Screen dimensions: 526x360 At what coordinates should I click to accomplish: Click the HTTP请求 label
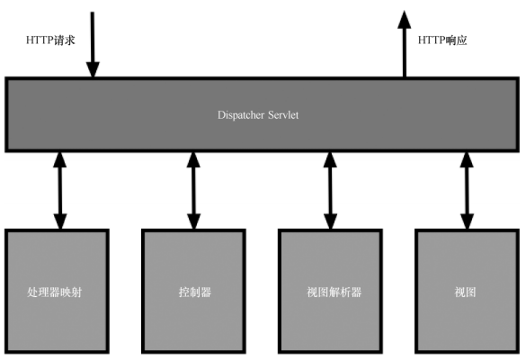(x=50, y=40)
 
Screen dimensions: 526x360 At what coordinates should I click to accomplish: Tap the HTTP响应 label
(x=442, y=40)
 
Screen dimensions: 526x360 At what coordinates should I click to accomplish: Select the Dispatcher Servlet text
(x=258, y=115)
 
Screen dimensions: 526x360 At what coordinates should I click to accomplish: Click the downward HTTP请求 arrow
(x=93, y=44)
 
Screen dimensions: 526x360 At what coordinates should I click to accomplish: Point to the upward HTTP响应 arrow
(x=405, y=44)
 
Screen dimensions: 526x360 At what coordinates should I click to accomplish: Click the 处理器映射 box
(x=57, y=292)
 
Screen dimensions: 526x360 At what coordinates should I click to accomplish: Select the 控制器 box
(x=193, y=292)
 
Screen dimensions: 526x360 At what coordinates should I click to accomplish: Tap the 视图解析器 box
(x=330, y=292)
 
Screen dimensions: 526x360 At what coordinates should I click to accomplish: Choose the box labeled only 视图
(x=467, y=292)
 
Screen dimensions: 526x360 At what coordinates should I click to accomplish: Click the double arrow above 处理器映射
(x=60, y=191)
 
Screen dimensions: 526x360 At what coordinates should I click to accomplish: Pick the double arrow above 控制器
(x=193, y=191)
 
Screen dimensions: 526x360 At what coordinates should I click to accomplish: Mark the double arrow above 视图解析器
(x=330, y=191)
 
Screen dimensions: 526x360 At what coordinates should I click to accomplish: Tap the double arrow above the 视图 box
(x=467, y=191)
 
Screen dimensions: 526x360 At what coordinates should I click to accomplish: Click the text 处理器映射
(x=54, y=292)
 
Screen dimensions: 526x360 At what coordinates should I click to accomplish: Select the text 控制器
(x=195, y=292)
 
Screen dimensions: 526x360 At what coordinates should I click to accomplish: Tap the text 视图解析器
(x=334, y=292)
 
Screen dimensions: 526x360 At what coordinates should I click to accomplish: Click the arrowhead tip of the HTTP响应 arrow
(x=405, y=11)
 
